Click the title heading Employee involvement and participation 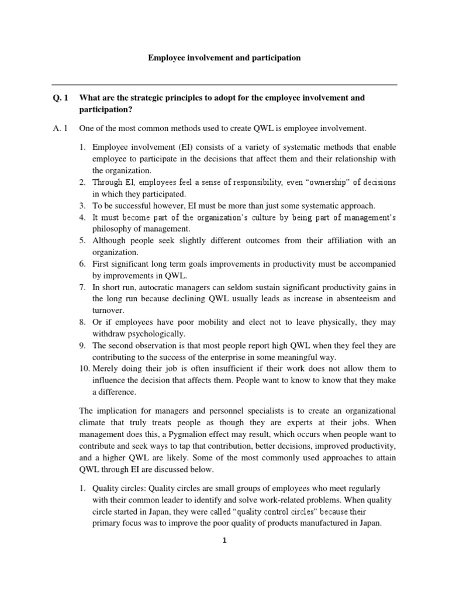pyautogui.click(x=224, y=58)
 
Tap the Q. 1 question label pyautogui.click(x=60, y=98)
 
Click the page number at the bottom pyautogui.click(x=224, y=541)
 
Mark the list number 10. pyautogui.click(x=82, y=369)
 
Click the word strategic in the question pyautogui.click(x=138, y=98)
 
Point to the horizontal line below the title pyautogui.click(x=224, y=85)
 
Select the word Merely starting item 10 pyautogui.click(x=106, y=369)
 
